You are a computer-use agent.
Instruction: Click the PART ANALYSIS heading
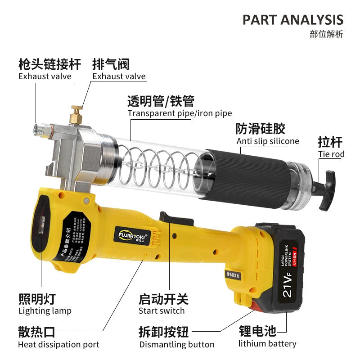pyautogui.click(x=292, y=20)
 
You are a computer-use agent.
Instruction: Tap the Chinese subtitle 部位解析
pyautogui.click(x=326, y=34)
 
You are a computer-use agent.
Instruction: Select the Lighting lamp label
pyautogui.click(x=45, y=310)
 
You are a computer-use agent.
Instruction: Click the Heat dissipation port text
pyautogui.click(x=58, y=345)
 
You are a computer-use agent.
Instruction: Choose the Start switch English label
pyautogui.click(x=162, y=310)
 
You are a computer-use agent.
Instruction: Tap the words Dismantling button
pyautogui.click(x=177, y=345)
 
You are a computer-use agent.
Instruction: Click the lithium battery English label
pyautogui.click(x=267, y=344)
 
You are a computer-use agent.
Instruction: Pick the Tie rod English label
pyautogui.click(x=331, y=154)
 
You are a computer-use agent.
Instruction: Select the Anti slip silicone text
pyautogui.click(x=268, y=141)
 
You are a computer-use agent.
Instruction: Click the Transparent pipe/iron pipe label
pyautogui.click(x=180, y=113)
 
